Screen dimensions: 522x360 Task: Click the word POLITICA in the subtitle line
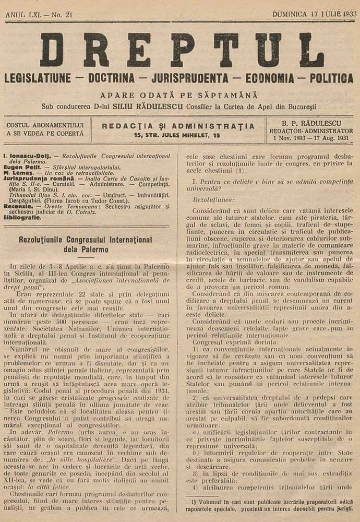pos(331,78)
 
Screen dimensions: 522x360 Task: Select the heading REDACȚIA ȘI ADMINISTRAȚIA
pos(178,126)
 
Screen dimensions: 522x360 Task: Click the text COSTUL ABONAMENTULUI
pos(45,125)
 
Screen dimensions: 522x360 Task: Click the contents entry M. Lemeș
pos(17,173)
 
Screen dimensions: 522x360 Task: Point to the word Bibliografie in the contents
pos(22,217)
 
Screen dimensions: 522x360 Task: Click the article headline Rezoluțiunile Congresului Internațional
pos(86,240)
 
